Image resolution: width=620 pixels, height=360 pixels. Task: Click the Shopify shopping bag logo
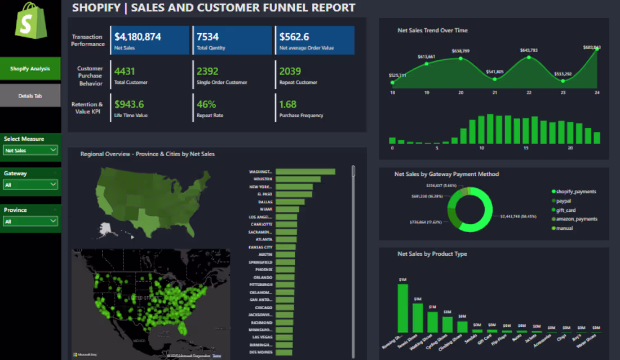[31, 21]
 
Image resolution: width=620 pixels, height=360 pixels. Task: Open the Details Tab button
[30, 96]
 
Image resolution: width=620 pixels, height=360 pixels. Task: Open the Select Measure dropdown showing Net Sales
[30, 150]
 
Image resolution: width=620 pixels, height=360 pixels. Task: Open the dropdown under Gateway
[30, 185]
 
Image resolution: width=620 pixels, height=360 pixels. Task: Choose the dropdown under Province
[30, 221]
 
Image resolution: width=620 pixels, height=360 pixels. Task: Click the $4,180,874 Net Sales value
[138, 37]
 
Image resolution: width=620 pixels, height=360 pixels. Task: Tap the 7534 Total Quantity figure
[207, 37]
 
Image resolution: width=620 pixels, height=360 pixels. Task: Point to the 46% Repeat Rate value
[206, 104]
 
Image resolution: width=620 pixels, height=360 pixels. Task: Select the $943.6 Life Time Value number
[129, 104]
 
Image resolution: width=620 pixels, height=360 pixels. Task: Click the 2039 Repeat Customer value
[290, 72]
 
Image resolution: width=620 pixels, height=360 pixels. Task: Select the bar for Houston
[298, 179]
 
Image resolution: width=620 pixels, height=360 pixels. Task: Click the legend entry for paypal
[564, 201]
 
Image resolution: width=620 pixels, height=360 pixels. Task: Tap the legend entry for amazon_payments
[576, 219]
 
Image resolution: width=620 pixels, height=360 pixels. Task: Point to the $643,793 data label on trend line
[528, 50]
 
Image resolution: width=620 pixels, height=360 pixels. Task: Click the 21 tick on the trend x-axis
[495, 92]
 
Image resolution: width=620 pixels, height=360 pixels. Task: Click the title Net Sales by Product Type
[432, 254]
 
